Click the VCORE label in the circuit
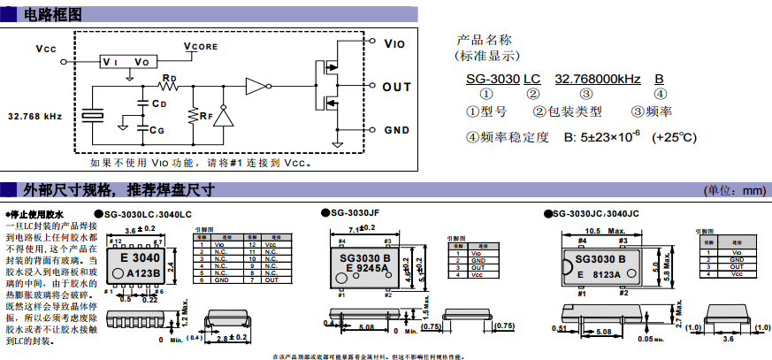[200, 45]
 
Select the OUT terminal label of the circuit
[397, 87]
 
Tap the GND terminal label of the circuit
[396, 129]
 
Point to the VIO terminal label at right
[394, 42]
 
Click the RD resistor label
[170, 79]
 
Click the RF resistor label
[205, 115]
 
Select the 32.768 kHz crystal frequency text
[34, 116]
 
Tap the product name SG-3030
[493, 80]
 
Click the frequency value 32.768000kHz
[597, 80]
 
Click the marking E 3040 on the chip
[141, 257]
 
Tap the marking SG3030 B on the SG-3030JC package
[601, 259]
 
